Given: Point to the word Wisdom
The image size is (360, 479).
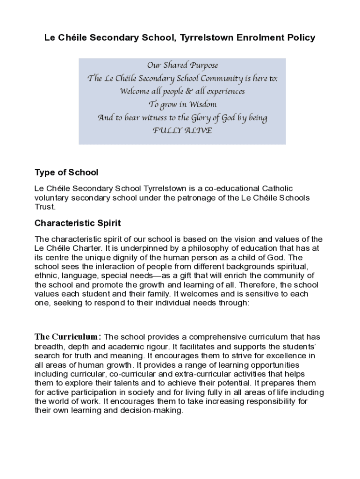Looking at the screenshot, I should [199, 104].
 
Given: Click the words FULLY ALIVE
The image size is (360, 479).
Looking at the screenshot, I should [182, 131].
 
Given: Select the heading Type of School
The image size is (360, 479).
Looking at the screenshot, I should [66, 173].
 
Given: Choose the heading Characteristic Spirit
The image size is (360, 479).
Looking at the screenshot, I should [78, 223].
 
